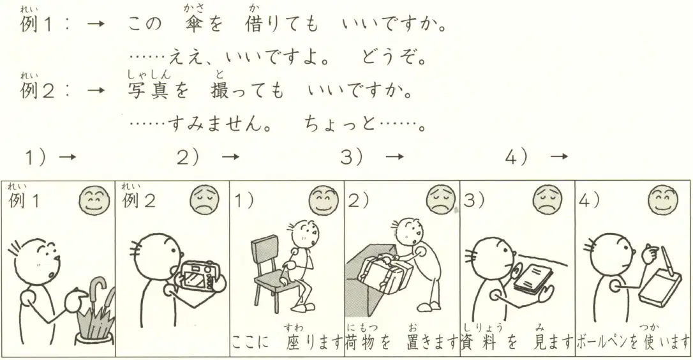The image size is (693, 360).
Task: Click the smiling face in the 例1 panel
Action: click(94, 200)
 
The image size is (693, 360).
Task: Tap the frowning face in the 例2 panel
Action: click(205, 200)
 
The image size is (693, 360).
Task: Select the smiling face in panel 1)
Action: click(324, 200)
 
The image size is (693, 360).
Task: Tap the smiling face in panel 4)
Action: click(662, 200)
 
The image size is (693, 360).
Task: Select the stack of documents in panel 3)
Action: click(533, 279)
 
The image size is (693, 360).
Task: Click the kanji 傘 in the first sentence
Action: click(195, 25)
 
